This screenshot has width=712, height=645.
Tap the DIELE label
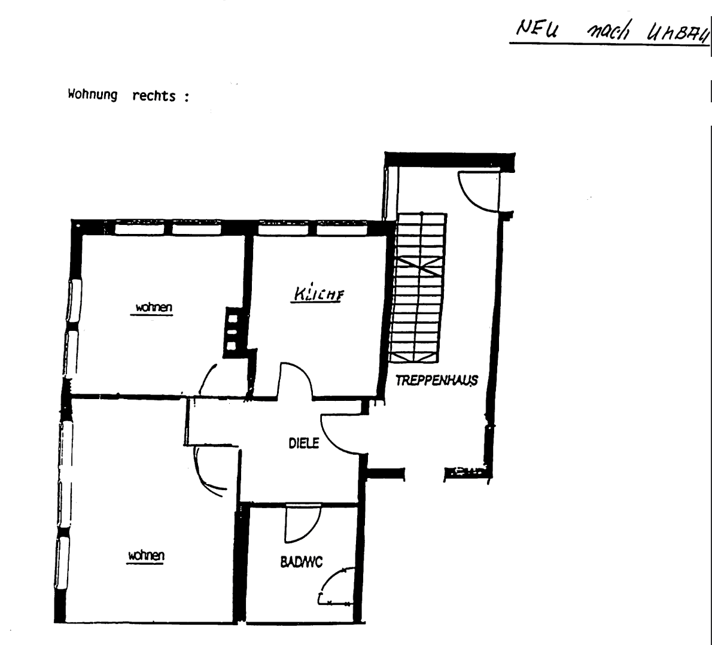(x=304, y=443)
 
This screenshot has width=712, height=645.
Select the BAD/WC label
(x=301, y=562)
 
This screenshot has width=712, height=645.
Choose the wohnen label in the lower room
(x=145, y=556)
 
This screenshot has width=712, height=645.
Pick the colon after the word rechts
(x=186, y=98)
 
